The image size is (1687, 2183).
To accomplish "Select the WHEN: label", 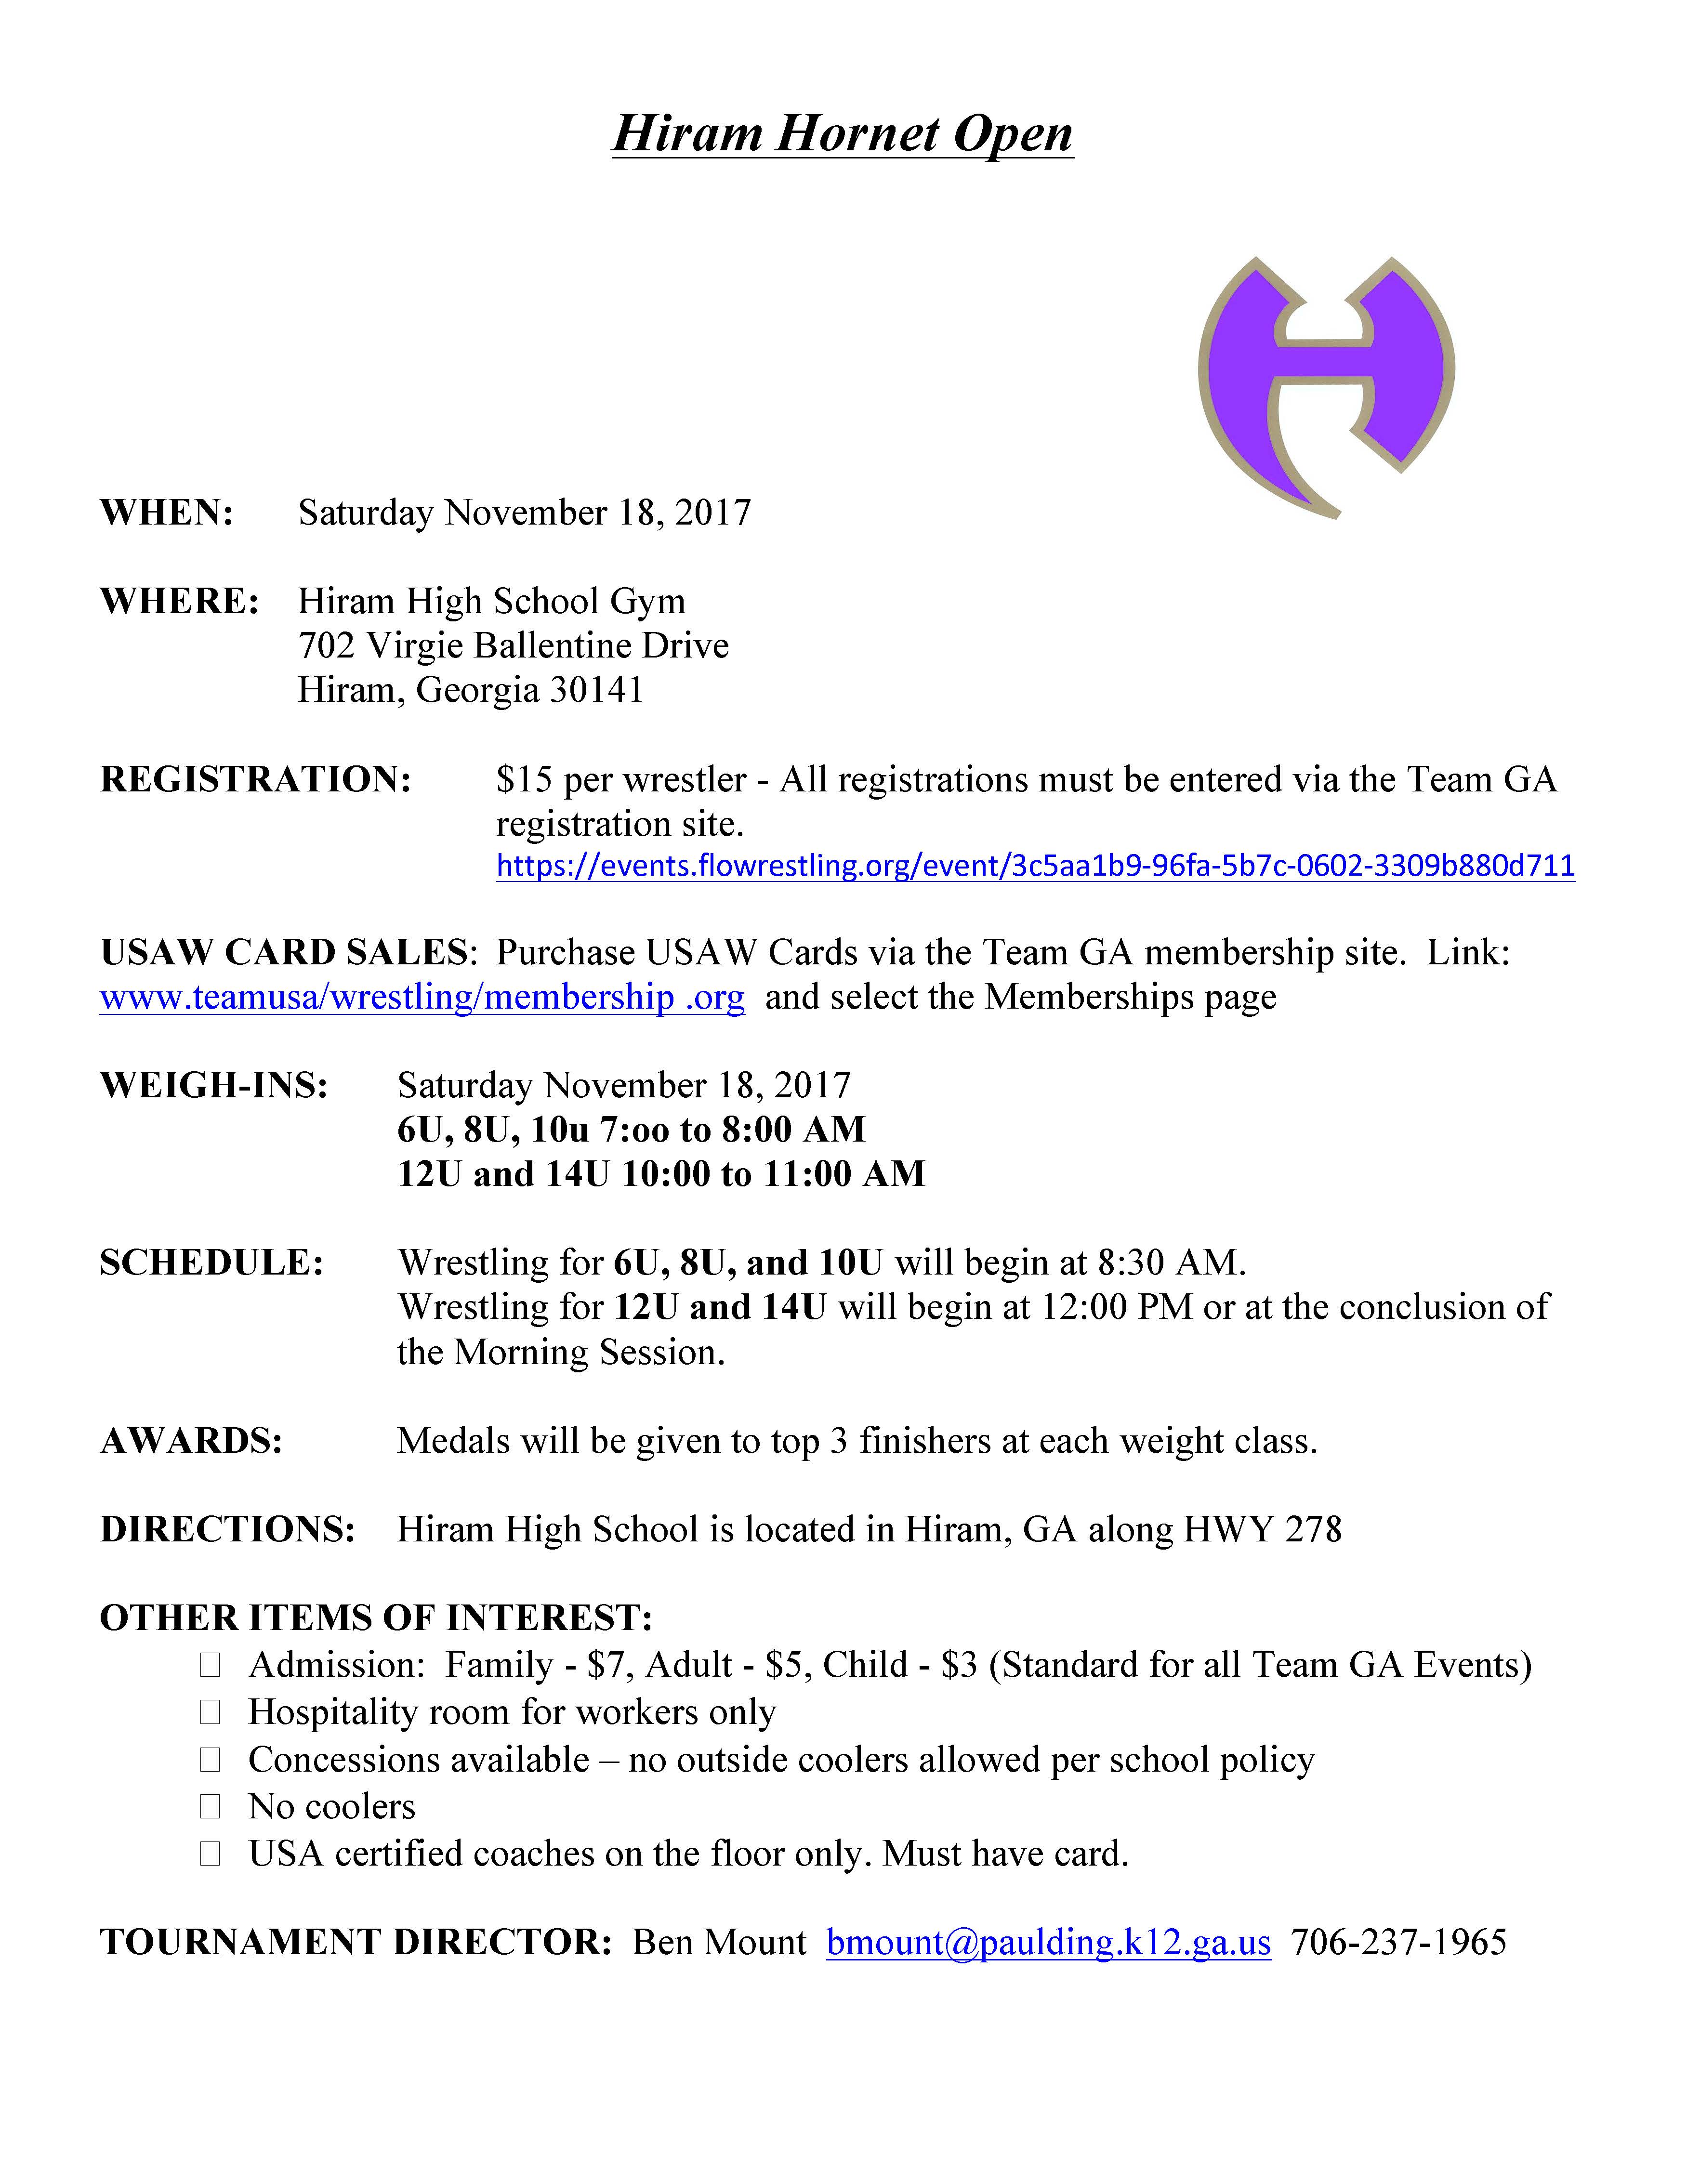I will click(167, 513).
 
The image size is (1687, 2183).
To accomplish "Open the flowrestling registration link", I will click(1035, 866).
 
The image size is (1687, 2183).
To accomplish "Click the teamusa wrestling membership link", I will click(422, 998).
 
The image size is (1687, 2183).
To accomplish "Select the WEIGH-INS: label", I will click(214, 1086).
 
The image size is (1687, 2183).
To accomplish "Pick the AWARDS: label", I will click(191, 1441).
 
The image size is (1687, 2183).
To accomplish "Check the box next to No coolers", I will click(210, 1806).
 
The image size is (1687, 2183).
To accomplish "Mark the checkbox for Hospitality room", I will click(210, 1712).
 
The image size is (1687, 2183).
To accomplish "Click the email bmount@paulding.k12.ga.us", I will click(1048, 1942).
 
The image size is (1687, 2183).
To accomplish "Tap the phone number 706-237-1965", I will click(1398, 1942).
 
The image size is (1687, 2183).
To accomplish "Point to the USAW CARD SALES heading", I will click(283, 953).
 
